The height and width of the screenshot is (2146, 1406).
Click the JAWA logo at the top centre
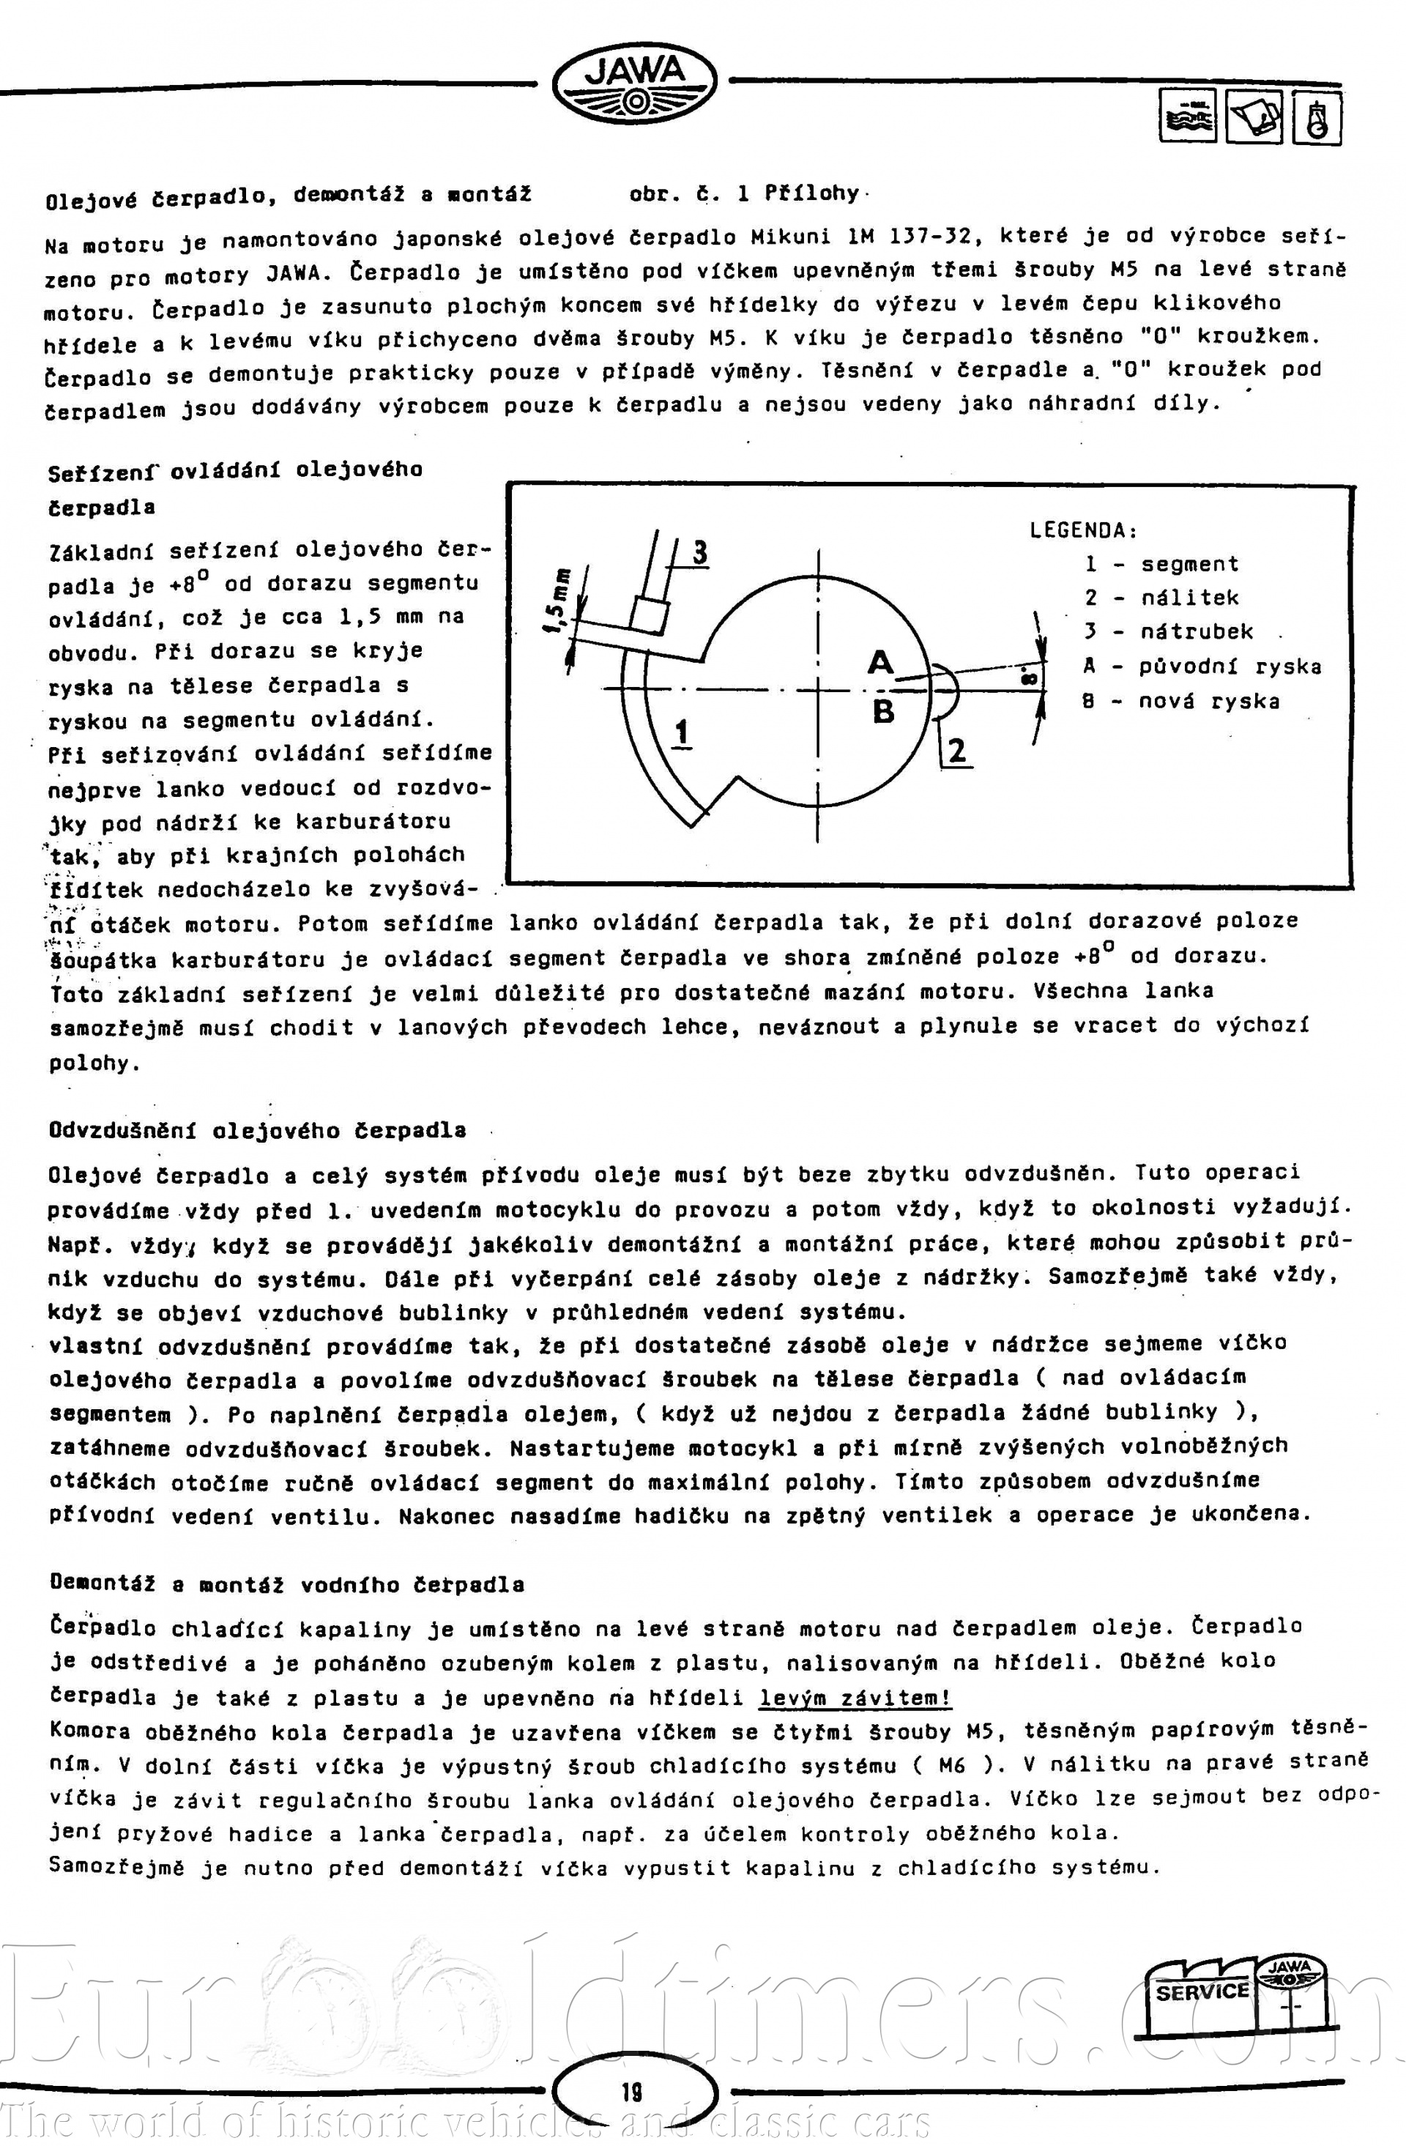[x=634, y=83]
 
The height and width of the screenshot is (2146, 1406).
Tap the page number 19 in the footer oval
[x=632, y=2091]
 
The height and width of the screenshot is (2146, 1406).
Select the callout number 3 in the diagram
[x=699, y=551]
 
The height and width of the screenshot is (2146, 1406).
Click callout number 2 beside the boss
[x=957, y=750]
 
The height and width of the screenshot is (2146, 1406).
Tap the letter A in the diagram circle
[x=880, y=663]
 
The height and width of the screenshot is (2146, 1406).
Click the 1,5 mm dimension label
[x=558, y=600]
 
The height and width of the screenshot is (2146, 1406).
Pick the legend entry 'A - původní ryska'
[x=1202, y=667]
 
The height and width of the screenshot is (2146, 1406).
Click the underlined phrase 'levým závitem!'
[x=855, y=1698]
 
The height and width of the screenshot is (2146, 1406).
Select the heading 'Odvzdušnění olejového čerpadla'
[x=258, y=1131]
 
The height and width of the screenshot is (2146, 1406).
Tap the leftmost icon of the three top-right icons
[x=1187, y=117]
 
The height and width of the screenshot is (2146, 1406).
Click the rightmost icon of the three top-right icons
[x=1317, y=118]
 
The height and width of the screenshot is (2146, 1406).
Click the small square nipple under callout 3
[x=649, y=616]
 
